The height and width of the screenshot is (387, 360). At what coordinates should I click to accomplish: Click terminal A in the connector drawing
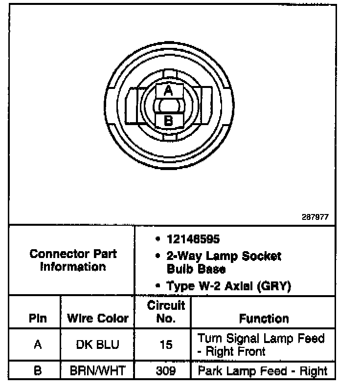point(168,90)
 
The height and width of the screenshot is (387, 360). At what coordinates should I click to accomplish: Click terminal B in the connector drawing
point(168,120)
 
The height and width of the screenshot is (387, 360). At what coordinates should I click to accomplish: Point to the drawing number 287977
point(315,217)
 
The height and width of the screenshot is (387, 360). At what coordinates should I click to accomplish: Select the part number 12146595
point(193,239)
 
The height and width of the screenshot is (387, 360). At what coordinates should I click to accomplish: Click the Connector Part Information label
point(73,260)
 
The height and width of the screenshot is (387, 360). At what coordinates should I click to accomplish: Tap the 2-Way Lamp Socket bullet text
point(224,256)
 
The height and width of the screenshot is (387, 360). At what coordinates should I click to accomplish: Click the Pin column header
point(38,319)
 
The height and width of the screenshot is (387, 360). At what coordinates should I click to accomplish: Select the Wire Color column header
point(97,319)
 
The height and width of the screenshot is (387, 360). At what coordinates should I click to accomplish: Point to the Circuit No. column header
point(166,312)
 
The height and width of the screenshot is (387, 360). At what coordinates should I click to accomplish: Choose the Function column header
point(264,319)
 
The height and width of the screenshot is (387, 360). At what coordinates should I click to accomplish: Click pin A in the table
point(38,344)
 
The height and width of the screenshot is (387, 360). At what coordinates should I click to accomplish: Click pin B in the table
point(38,371)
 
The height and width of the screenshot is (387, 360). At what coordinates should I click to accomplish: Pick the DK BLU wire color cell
point(97,344)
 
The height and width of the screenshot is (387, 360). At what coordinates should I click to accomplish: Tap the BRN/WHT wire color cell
point(97,371)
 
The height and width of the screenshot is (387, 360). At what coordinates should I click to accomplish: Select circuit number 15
point(166,344)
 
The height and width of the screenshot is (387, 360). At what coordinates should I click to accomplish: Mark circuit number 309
point(166,371)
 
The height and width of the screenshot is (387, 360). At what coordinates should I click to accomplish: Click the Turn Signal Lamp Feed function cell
point(261,344)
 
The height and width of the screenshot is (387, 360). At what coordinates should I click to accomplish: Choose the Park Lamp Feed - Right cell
point(263,371)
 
